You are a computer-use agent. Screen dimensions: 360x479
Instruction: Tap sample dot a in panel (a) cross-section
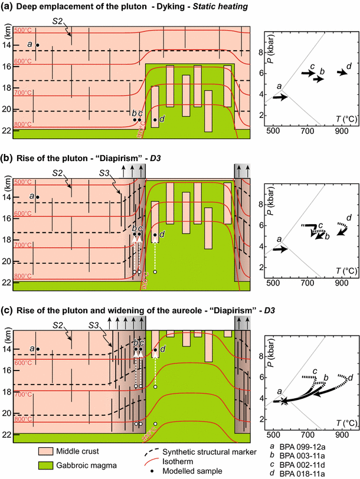[x=37, y=45]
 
